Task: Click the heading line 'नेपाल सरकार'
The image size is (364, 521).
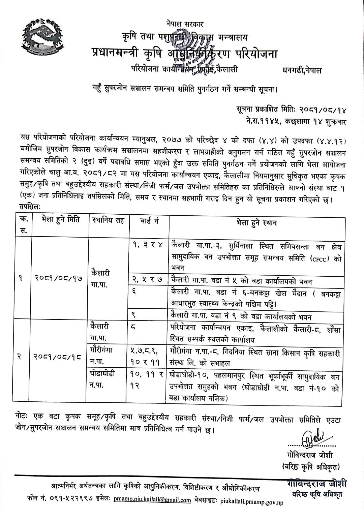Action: click(x=185, y=24)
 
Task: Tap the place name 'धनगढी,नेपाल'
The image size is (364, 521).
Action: click(x=302, y=70)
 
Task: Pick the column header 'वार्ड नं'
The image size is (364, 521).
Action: click(x=148, y=221)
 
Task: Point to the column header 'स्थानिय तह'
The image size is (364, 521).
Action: click(x=108, y=221)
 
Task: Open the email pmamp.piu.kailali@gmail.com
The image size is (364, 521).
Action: click(x=152, y=500)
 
